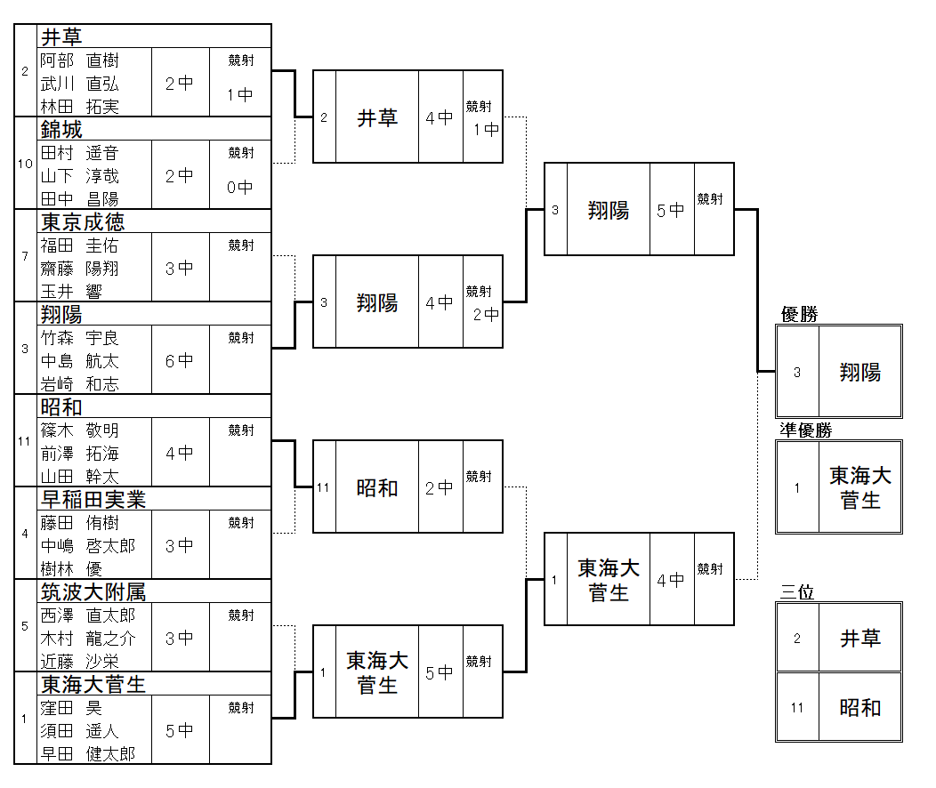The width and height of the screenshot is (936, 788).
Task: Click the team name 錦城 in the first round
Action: click(61, 130)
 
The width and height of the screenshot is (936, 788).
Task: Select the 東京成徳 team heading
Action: click(83, 221)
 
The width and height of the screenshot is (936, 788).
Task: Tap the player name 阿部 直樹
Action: click(80, 60)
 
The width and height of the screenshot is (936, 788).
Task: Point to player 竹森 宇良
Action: click(80, 338)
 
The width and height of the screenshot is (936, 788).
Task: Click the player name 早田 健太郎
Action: click(87, 753)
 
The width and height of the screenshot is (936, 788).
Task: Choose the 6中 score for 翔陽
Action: click(180, 360)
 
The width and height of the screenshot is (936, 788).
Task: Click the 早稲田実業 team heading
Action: click(93, 499)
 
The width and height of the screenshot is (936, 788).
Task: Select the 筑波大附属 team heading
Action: click(93, 591)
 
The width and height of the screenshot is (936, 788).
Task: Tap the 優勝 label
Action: click(799, 314)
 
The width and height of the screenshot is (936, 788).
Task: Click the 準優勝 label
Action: click(806, 430)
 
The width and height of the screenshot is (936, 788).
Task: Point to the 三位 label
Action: click(797, 592)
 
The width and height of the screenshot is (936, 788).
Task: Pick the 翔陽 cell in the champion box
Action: click(859, 373)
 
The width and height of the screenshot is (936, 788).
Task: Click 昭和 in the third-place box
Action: click(859, 708)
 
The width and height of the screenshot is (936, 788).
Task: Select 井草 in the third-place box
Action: click(859, 638)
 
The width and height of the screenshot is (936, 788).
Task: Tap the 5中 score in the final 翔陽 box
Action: click(671, 210)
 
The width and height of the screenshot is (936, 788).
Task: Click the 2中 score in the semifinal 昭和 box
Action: click(440, 487)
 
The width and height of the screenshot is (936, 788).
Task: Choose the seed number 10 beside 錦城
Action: click(25, 164)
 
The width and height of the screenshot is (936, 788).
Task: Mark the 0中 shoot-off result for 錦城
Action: click(239, 188)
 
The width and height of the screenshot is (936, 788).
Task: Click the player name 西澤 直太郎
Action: click(87, 615)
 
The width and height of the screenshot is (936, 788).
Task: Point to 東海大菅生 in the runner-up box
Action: click(859, 487)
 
